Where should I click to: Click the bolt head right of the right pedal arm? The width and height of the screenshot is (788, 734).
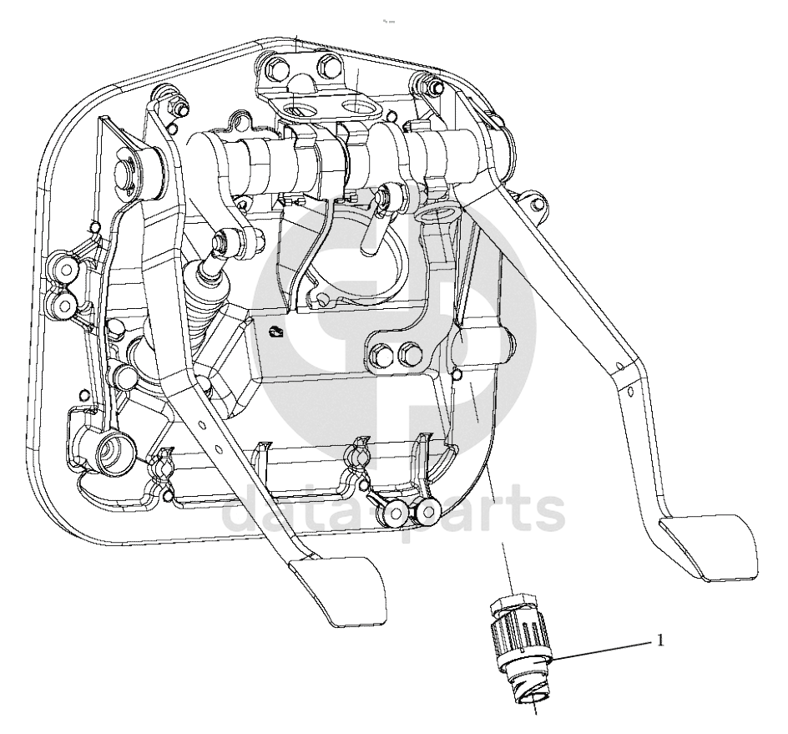[538, 205]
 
